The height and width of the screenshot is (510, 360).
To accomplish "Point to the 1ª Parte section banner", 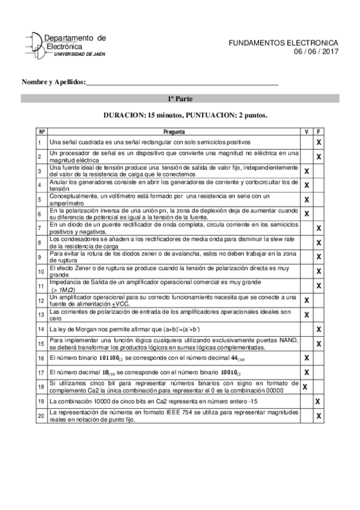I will point(180,99).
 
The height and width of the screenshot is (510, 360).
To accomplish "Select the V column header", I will point(307,131).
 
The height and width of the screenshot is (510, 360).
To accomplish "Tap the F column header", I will point(319,131).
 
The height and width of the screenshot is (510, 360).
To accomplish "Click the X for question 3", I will point(307,171).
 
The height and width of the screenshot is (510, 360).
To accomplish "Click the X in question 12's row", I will point(307,300).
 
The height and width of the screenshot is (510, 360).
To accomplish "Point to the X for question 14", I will point(319,329).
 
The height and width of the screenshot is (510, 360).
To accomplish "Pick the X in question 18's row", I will point(305,387).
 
